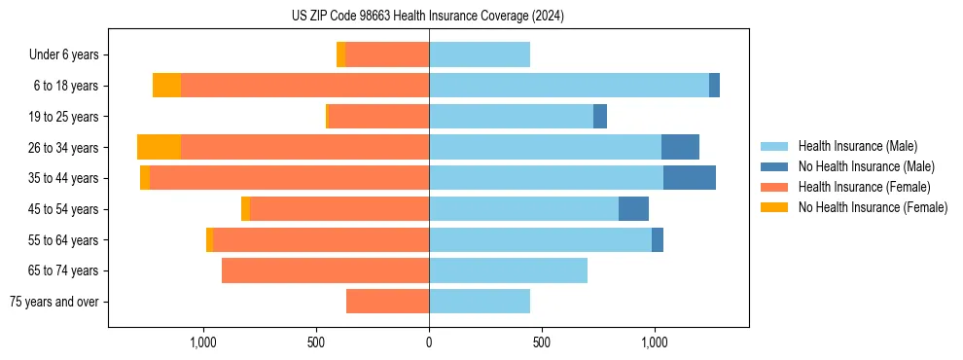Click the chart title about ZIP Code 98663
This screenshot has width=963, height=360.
[x=428, y=16]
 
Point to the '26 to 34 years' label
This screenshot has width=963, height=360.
[x=64, y=148]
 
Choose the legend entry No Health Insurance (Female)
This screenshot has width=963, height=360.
[x=873, y=207]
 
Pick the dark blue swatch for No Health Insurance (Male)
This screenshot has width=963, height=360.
[x=775, y=166]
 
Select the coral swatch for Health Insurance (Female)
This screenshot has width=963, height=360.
[x=775, y=187]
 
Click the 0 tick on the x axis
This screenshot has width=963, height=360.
[x=429, y=342]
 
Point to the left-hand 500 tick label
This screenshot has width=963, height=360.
[x=316, y=342]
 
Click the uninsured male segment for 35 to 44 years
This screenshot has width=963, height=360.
[x=690, y=178]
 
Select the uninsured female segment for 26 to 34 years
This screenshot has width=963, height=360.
[x=159, y=147]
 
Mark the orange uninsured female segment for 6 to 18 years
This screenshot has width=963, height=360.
[x=166, y=86]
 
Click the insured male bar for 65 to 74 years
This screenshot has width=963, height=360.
[x=508, y=270]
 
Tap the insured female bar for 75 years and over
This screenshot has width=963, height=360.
[x=387, y=302]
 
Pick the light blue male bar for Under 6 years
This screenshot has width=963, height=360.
[x=480, y=55]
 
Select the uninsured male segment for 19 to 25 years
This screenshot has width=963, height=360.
[x=600, y=117]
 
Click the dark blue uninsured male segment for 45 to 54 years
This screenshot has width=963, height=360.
[x=633, y=209]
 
